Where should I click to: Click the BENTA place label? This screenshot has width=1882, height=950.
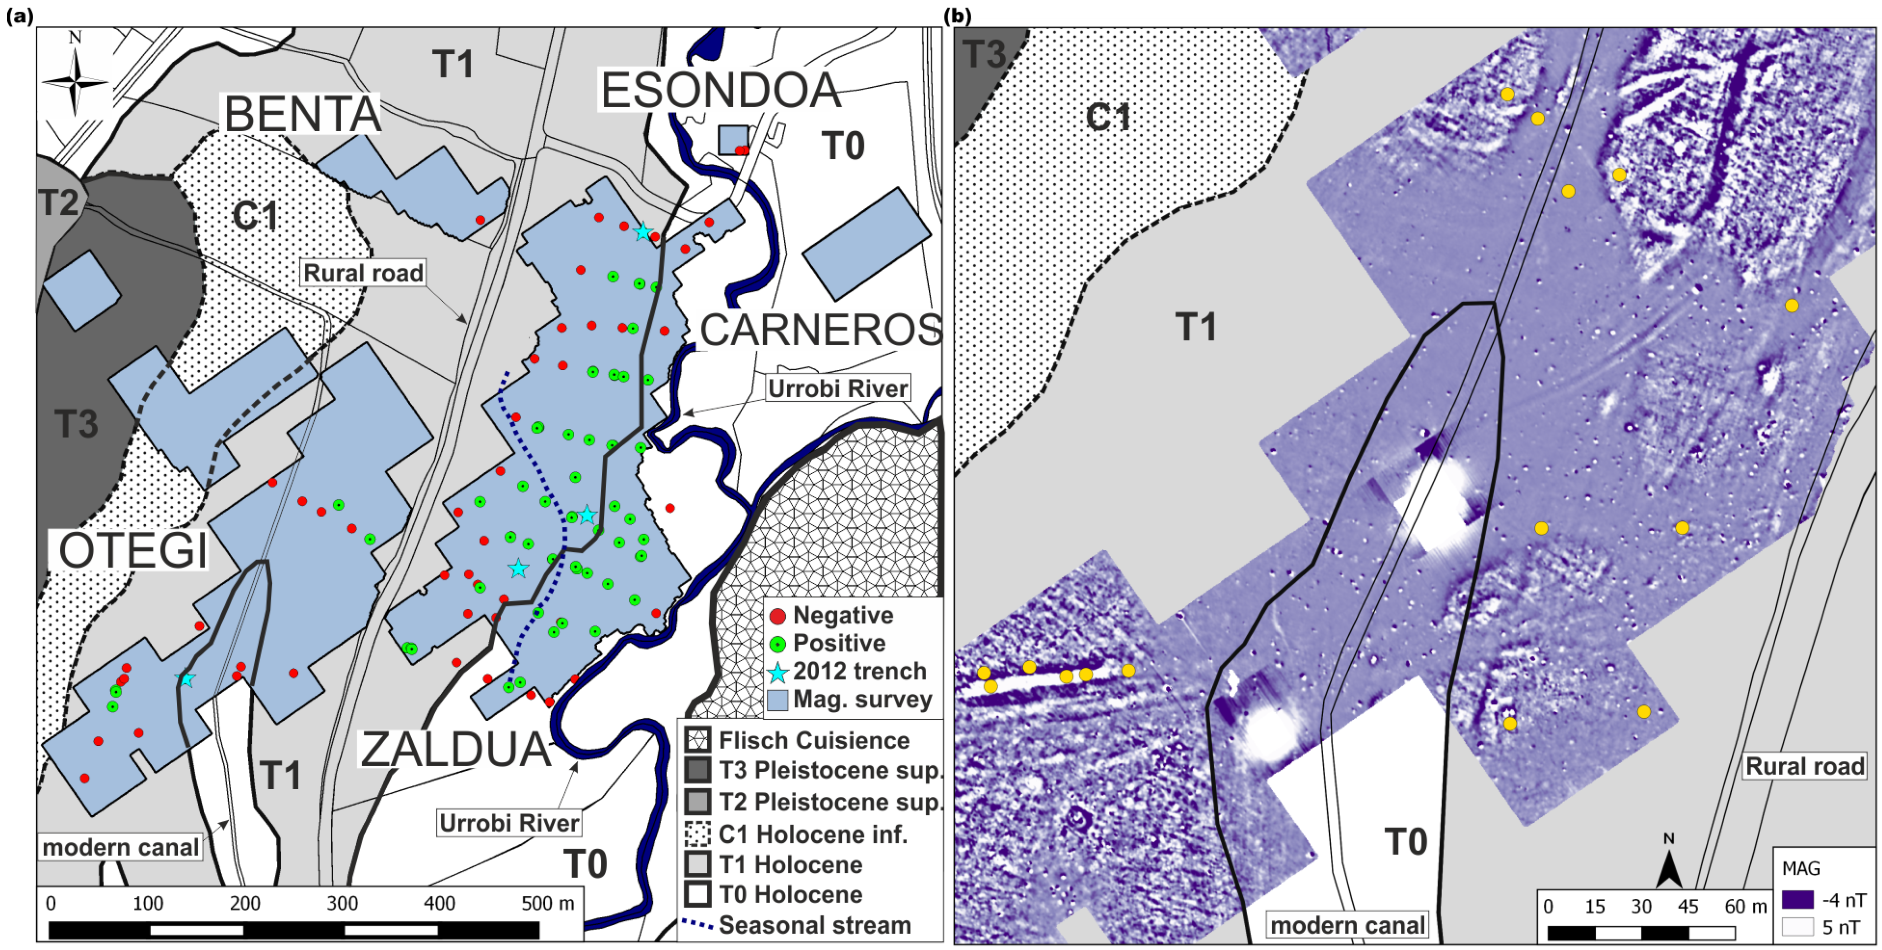click(x=302, y=115)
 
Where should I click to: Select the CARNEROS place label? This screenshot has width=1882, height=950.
click(x=820, y=330)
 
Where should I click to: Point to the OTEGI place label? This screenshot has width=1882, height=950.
click(x=132, y=551)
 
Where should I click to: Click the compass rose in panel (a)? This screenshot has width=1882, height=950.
click(x=75, y=81)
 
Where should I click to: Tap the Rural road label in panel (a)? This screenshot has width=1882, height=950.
click(x=363, y=273)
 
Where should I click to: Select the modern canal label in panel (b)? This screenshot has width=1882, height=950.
click(x=1347, y=925)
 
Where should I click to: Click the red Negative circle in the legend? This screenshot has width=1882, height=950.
click(x=778, y=616)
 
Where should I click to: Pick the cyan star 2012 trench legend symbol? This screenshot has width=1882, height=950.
click(x=778, y=672)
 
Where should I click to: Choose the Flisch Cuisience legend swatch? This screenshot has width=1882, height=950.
click(x=698, y=740)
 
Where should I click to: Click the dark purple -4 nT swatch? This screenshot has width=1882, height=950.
click(x=1797, y=899)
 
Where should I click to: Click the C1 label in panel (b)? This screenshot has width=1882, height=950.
click(x=1108, y=117)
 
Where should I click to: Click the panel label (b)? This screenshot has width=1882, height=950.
click(x=957, y=15)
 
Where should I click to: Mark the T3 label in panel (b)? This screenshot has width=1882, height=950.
click(x=984, y=54)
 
